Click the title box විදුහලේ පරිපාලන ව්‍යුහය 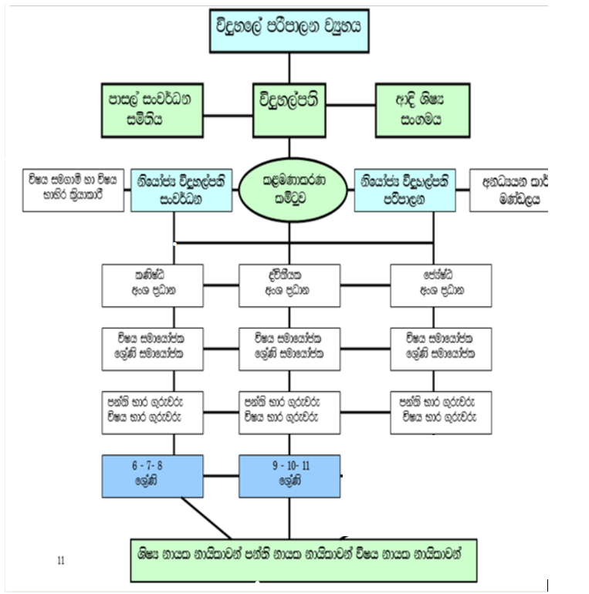tap(292, 30)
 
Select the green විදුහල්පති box tap(289, 107)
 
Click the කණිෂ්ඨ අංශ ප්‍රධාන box tap(153, 284)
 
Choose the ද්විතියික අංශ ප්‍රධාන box tap(289, 284)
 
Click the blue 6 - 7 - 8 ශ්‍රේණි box tap(153, 474)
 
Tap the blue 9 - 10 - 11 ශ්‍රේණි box tap(289, 474)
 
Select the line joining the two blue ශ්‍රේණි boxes tap(222, 474)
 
